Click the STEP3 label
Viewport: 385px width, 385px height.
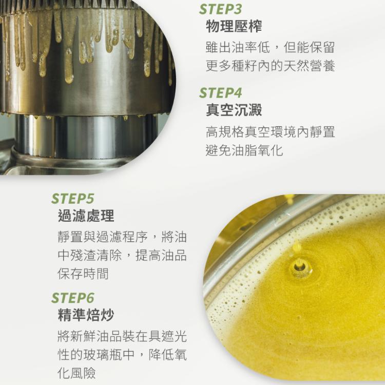pyautogui.click(x=220, y=9)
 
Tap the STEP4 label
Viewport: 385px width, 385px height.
pyautogui.click(x=220, y=93)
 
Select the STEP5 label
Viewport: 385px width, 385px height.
pyautogui.click(x=73, y=198)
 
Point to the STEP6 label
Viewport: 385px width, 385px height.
pyautogui.click(x=73, y=298)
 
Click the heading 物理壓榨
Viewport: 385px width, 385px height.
pyautogui.click(x=234, y=26)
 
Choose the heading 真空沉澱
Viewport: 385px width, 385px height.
pyautogui.click(x=234, y=110)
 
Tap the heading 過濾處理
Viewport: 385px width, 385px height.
pyautogui.click(x=86, y=216)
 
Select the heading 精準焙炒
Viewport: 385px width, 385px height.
pyautogui.click(x=86, y=315)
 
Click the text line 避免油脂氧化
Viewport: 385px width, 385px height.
pyautogui.click(x=244, y=150)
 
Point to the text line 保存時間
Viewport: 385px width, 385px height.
pyautogui.click(x=83, y=273)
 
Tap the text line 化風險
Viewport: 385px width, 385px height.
pyautogui.click(x=76, y=373)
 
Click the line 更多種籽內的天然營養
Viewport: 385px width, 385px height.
pyautogui.click(x=271, y=66)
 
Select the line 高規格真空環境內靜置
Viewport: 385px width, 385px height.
pyautogui.click(x=271, y=132)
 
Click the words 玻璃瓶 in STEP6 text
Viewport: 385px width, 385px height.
pyautogui.click(x=102, y=355)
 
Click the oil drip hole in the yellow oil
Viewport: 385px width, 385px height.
pyautogui.click(x=300, y=268)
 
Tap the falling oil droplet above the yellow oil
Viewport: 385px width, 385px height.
pyautogui.click(x=296, y=246)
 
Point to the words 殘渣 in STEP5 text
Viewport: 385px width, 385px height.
pyautogui.click(x=83, y=255)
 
